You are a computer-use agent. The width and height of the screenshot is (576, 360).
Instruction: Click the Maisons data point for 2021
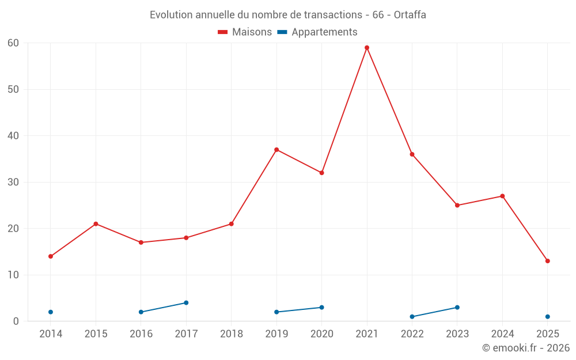[x=367, y=48]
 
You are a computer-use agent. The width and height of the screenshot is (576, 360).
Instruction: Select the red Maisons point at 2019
[x=276, y=150]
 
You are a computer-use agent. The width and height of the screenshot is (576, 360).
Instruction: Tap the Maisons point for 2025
[x=548, y=261]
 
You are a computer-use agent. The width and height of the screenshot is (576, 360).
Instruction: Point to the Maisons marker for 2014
[x=51, y=256]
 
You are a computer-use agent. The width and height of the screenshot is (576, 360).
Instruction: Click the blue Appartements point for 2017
[x=186, y=303]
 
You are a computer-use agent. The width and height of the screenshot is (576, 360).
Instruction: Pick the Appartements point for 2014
[x=51, y=312]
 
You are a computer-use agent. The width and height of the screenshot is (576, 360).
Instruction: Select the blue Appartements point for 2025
[x=548, y=317]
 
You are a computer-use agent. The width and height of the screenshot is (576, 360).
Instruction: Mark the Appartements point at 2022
[x=412, y=317]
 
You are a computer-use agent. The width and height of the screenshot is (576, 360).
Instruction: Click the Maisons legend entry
[x=245, y=32]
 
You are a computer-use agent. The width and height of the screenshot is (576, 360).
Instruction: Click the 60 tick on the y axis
[x=13, y=43]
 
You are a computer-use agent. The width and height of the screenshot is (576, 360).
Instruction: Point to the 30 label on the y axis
[x=13, y=183]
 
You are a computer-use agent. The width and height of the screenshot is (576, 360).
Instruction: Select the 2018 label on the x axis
[x=232, y=334]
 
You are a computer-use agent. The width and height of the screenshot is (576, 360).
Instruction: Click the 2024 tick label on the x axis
[x=502, y=334]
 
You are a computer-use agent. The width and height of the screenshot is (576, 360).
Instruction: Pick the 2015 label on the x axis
[x=96, y=334]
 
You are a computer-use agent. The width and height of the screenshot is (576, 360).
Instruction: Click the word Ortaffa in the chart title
[x=410, y=15]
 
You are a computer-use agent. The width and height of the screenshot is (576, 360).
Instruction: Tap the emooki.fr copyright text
[x=525, y=348]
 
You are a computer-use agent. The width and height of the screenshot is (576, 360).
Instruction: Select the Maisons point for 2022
[x=412, y=154]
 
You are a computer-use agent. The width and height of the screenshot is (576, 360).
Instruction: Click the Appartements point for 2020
[x=321, y=308]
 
